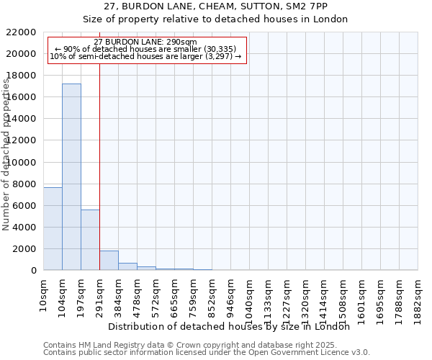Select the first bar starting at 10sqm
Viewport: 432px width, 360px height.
point(53,228)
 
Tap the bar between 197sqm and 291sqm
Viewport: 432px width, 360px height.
point(90,240)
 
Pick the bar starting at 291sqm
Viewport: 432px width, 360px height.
point(109,261)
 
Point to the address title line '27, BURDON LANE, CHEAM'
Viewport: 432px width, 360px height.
point(215,6)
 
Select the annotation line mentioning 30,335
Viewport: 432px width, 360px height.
point(146,49)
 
